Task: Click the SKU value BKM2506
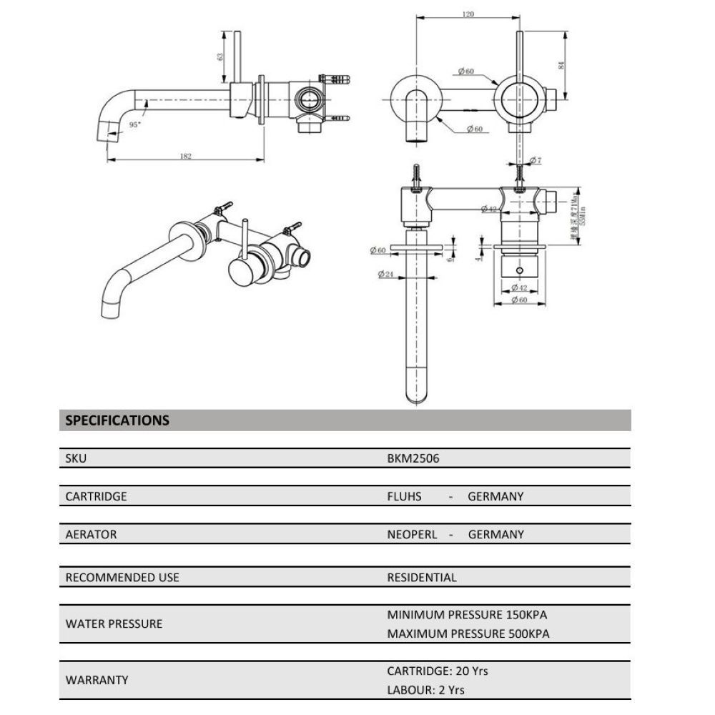point(413,459)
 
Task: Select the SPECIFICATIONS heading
point(117,420)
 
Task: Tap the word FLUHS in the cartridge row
point(404,496)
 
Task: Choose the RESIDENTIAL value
point(421,577)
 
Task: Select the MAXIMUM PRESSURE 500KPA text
point(468,633)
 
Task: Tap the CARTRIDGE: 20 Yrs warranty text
point(438,671)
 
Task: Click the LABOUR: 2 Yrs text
point(425,690)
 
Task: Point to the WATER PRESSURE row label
point(114,623)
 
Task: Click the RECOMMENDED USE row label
point(122,577)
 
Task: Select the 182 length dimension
point(186,157)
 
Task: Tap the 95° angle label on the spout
point(134,124)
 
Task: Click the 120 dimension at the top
point(468,14)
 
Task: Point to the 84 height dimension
point(561,66)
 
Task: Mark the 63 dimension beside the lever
point(221,56)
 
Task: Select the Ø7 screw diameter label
point(536,159)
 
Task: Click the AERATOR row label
point(91,534)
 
